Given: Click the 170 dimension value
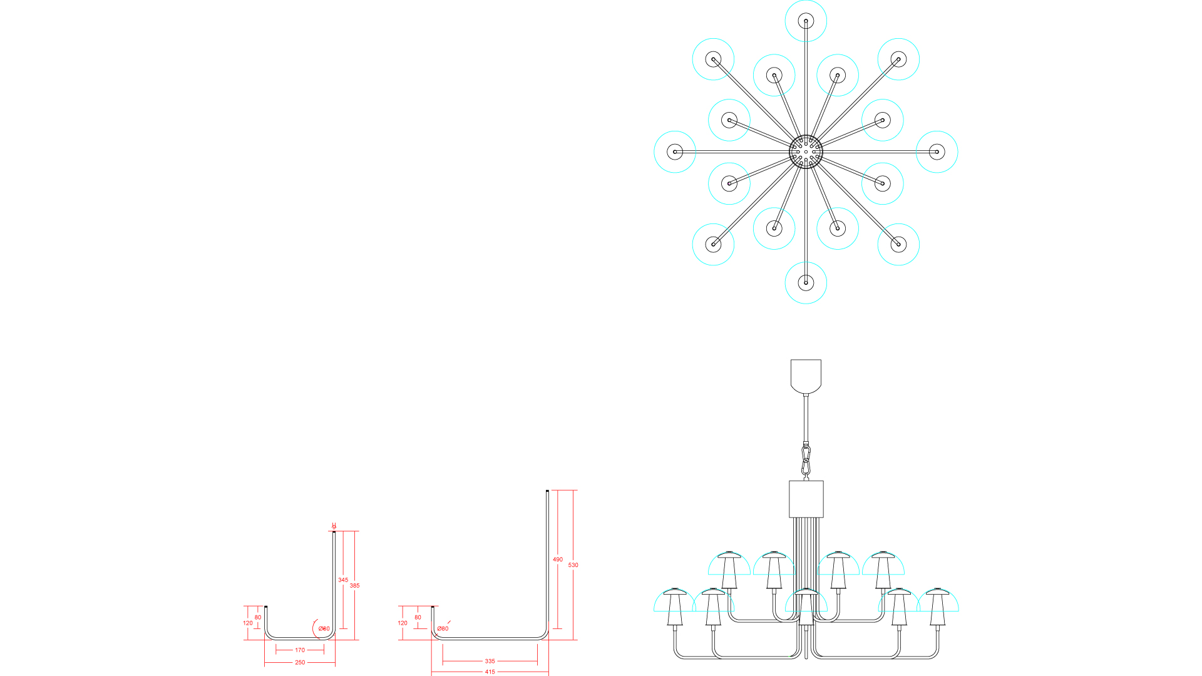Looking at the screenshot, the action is point(300,650).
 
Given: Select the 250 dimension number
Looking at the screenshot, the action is point(300,663).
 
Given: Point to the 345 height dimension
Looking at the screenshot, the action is point(343,580).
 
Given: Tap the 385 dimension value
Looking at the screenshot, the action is point(355,586).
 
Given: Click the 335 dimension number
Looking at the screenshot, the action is point(490,661).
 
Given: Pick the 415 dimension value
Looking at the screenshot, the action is point(490,672).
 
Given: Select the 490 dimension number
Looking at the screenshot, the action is point(558,560).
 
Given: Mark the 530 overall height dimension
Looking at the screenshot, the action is point(573,565).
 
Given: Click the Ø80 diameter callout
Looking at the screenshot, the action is point(443,629).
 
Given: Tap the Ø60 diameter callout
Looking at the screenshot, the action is point(324,629).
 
